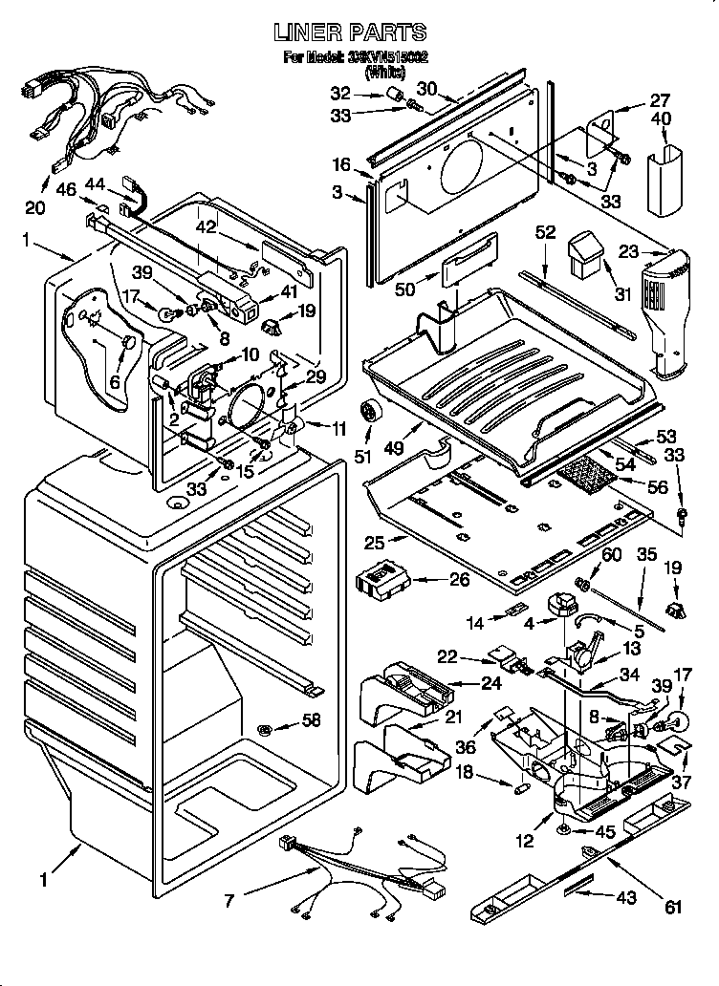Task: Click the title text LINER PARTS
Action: tap(349, 33)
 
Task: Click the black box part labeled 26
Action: tap(381, 581)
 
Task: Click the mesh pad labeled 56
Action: tap(586, 472)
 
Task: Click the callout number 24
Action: tap(466, 683)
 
